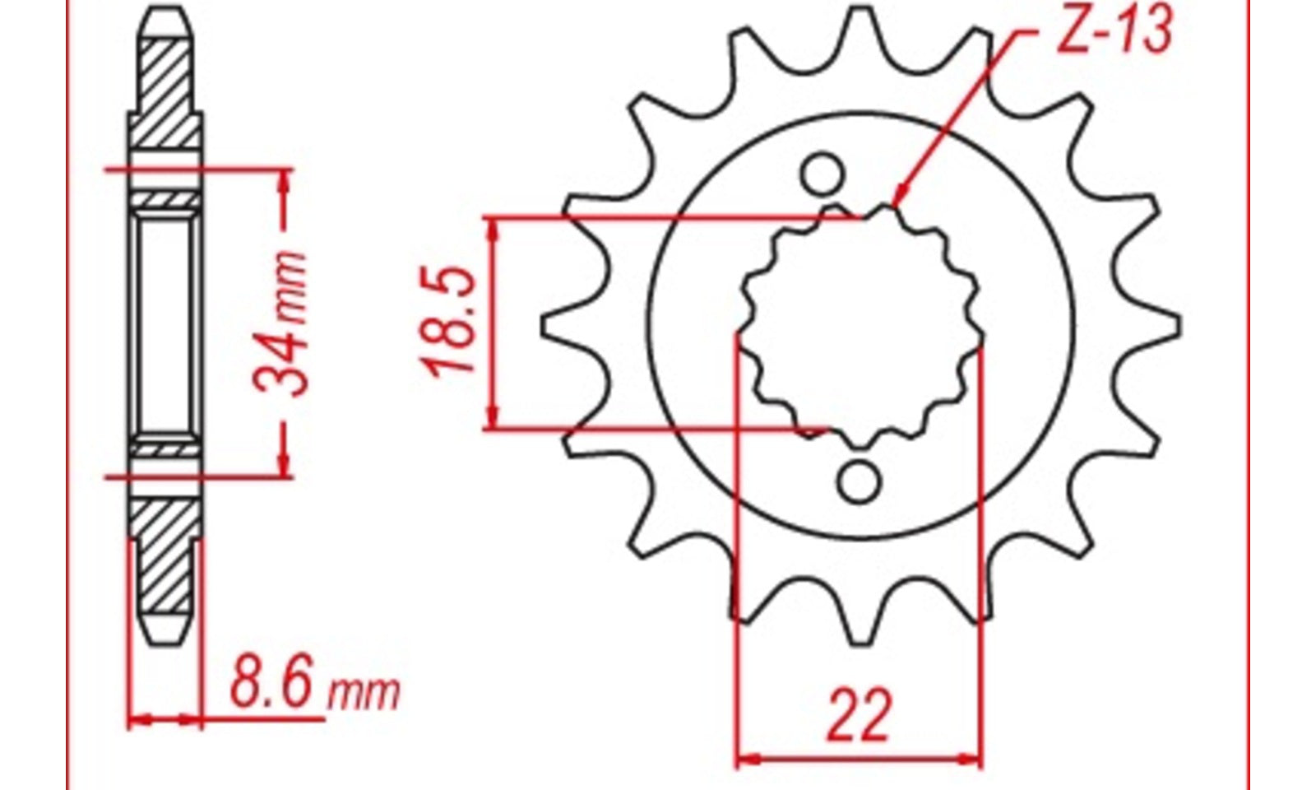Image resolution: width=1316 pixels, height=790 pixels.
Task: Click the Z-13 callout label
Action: coord(1114,30)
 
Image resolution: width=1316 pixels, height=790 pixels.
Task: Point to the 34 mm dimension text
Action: coord(280,323)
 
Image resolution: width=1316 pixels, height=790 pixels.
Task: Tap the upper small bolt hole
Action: coord(822,174)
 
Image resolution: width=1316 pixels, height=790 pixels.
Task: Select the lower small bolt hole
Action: coord(859,482)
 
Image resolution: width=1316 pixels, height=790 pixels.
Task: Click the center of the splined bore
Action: coord(860,327)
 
